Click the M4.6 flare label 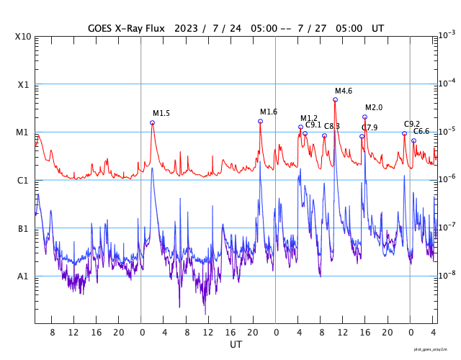344,91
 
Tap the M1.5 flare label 161,113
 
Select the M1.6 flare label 269,112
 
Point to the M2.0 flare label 374,107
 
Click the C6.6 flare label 421,131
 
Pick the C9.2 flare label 412,124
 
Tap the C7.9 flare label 370,127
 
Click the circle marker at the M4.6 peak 335,99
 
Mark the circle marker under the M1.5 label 152,122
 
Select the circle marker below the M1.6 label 260,121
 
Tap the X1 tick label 24,84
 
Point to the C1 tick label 24,180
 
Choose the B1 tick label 24,228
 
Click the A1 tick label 24,276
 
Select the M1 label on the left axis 24,132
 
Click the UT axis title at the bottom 236,345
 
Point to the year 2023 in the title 184,28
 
